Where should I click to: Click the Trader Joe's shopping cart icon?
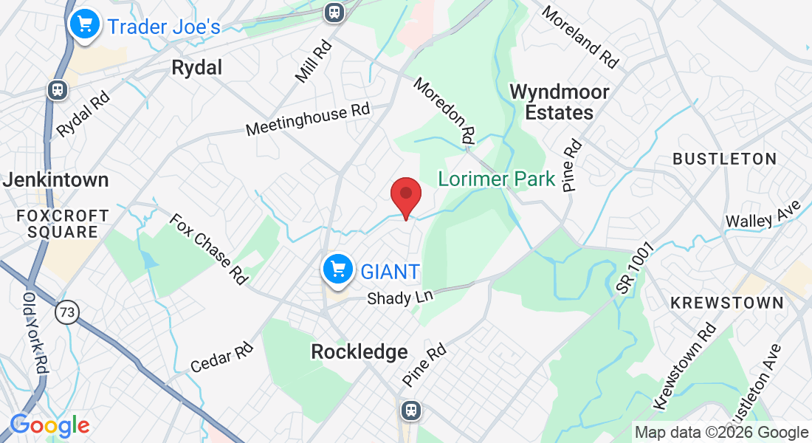(x=85, y=24)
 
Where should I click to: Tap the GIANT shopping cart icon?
(x=339, y=269)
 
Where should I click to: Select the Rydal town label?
(x=196, y=68)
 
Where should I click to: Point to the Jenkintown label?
(x=55, y=179)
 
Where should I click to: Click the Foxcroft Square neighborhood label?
(x=57, y=224)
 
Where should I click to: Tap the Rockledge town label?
(x=359, y=351)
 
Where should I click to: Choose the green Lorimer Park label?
(x=496, y=179)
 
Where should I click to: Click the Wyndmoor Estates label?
(x=560, y=102)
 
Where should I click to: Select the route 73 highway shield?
(x=66, y=313)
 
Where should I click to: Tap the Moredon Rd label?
(x=444, y=110)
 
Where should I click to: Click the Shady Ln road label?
(x=400, y=297)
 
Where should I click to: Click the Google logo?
(x=49, y=425)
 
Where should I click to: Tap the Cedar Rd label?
(x=221, y=357)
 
